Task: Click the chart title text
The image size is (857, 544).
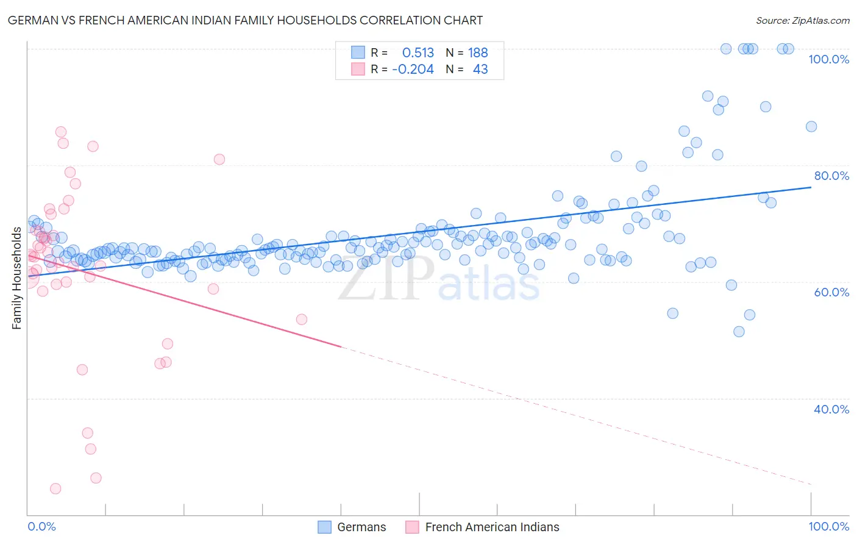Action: [245, 20]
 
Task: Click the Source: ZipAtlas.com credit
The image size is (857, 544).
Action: [802, 20]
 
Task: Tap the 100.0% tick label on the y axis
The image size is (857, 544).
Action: [828, 59]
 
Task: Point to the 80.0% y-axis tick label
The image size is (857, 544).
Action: [831, 176]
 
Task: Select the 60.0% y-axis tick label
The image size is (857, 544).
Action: [831, 292]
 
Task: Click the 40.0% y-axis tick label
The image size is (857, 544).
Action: [831, 409]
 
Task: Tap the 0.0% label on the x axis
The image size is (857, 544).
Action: [41, 526]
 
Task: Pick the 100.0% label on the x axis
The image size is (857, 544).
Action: [828, 526]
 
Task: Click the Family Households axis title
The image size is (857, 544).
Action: [16, 278]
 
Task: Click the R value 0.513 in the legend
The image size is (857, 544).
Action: [418, 53]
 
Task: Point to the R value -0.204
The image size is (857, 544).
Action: [413, 70]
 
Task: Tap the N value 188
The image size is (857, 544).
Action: [478, 53]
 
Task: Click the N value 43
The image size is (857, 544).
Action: [480, 70]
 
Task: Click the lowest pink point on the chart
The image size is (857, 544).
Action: [55, 489]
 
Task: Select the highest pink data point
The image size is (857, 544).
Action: [61, 132]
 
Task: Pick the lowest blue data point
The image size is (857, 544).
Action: [739, 332]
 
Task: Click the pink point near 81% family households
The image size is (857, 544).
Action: [219, 159]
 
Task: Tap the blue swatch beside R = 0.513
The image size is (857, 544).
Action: [358, 52]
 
